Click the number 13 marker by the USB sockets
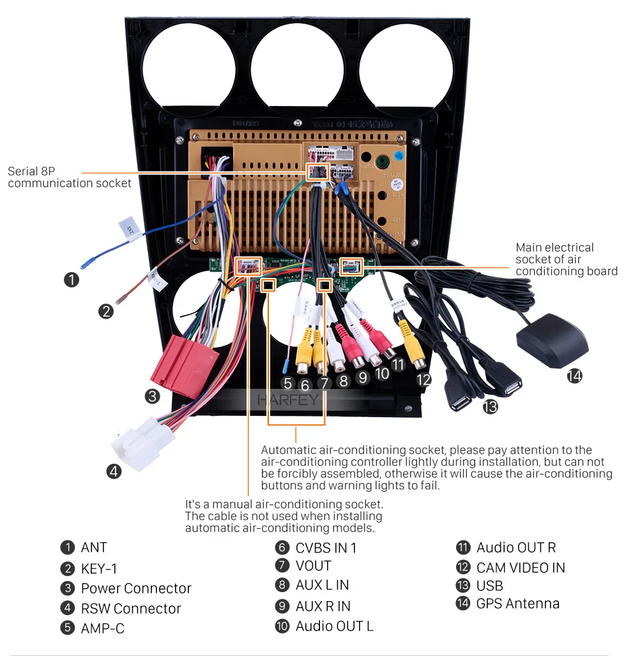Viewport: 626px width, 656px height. (490, 406)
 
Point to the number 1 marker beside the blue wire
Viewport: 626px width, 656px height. (72, 279)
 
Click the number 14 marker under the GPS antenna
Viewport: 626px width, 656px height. (574, 376)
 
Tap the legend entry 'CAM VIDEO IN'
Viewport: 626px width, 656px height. (521, 567)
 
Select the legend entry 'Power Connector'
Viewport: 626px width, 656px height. (135, 588)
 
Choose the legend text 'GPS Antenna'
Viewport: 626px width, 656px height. (517, 604)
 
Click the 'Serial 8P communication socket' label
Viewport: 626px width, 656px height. (69, 178)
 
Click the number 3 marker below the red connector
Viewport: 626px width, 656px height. (152, 397)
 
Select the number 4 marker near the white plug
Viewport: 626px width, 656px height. (114, 471)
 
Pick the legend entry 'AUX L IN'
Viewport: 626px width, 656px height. (322, 585)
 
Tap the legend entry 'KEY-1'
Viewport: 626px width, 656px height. (99, 568)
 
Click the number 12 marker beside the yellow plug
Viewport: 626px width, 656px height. (423, 379)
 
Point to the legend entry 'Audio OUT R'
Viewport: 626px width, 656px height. (516, 547)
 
